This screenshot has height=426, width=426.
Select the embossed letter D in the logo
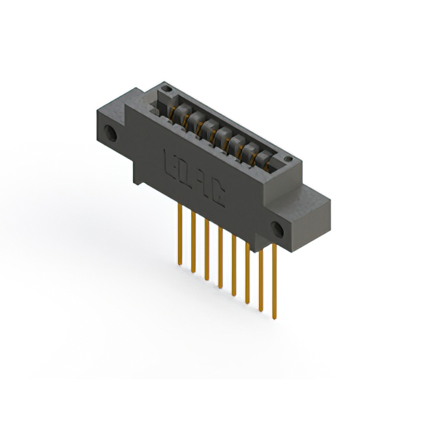[x=187, y=172]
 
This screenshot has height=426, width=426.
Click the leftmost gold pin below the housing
[x=180, y=233]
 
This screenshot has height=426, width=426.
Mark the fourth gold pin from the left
[x=220, y=256]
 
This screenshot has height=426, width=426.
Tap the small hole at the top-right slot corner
[x=288, y=159]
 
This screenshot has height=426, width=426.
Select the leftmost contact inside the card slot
[x=178, y=113]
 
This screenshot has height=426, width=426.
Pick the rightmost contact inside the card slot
[x=264, y=158]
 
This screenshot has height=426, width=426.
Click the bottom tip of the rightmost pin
[x=274, y=317]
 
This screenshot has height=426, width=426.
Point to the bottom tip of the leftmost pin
[x=180, y=265]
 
